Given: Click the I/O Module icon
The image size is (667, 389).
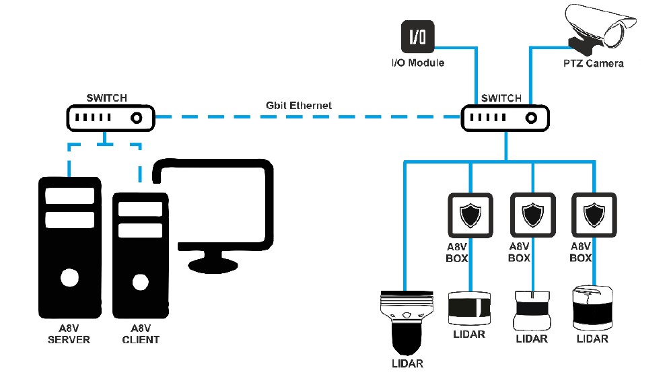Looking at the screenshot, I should tap(417, 38).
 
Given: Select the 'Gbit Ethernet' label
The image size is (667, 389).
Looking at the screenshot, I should tap(298, 106).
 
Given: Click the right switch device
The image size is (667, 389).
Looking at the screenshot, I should tap(505, 118).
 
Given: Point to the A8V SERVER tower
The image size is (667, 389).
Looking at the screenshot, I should tap(68, 249).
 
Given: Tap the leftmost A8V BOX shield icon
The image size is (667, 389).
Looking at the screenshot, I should tap(469, 215).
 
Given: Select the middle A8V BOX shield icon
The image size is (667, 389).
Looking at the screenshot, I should tap(532, 215).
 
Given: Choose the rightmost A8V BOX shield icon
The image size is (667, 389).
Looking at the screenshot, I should tap(594, 215).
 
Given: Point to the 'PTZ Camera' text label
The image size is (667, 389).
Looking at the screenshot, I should tap(593, 64).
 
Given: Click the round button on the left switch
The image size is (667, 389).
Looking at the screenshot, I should tap(136, 118).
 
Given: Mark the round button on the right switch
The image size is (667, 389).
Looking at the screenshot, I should tap(531, 118).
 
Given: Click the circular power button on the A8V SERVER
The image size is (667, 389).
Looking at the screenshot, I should tap(67, 277).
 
